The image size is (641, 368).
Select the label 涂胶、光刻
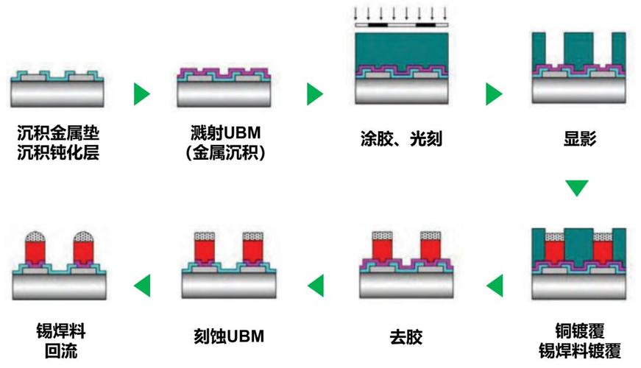pyautogui.click(x=402, y=138)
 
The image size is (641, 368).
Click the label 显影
pyautogui.click(x=578, y=138)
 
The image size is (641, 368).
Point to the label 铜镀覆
pyautogui.click(x=577, y=329)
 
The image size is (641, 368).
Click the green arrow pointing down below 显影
pyautogui.click(x=578, y=187)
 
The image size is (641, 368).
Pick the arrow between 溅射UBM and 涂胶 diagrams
pyautogui.click(x=314, y=94)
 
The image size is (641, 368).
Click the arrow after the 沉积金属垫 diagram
pyautogui.click(x=141, y=94)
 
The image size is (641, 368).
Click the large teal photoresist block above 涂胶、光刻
pyautogui.click(x=401, y=48)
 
